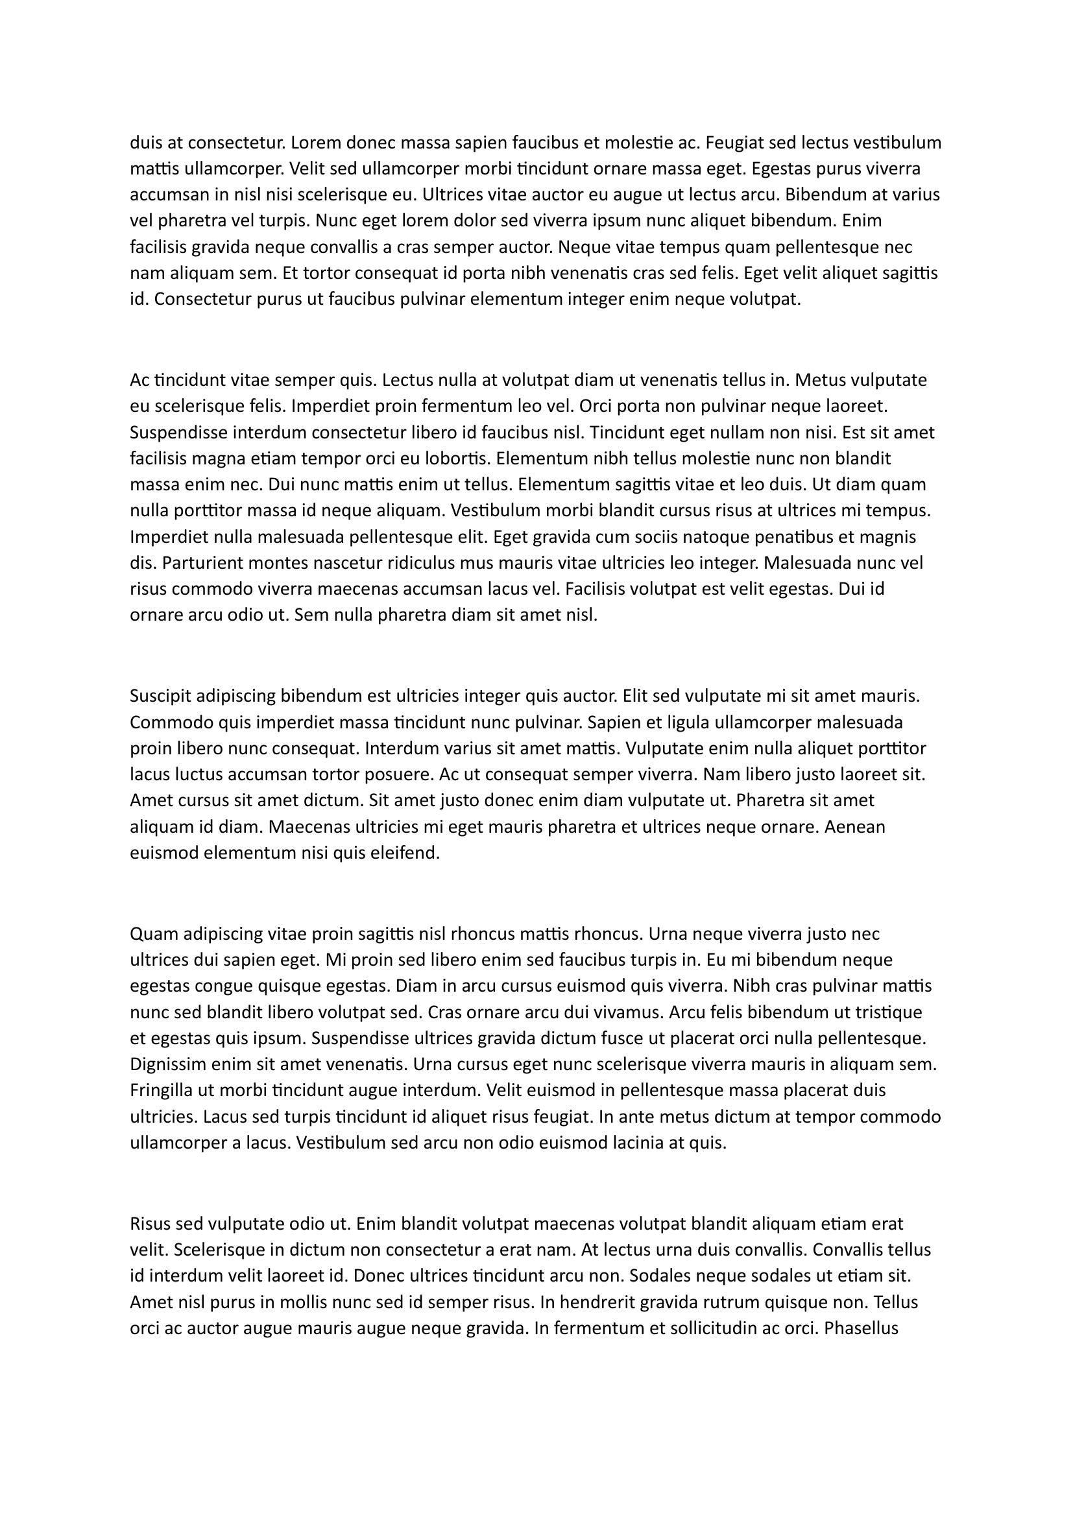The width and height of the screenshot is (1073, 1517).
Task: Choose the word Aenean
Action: (854, 826)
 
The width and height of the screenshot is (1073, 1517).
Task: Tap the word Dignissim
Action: (167, 1064)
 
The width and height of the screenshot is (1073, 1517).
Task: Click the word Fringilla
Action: (162, 1090)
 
